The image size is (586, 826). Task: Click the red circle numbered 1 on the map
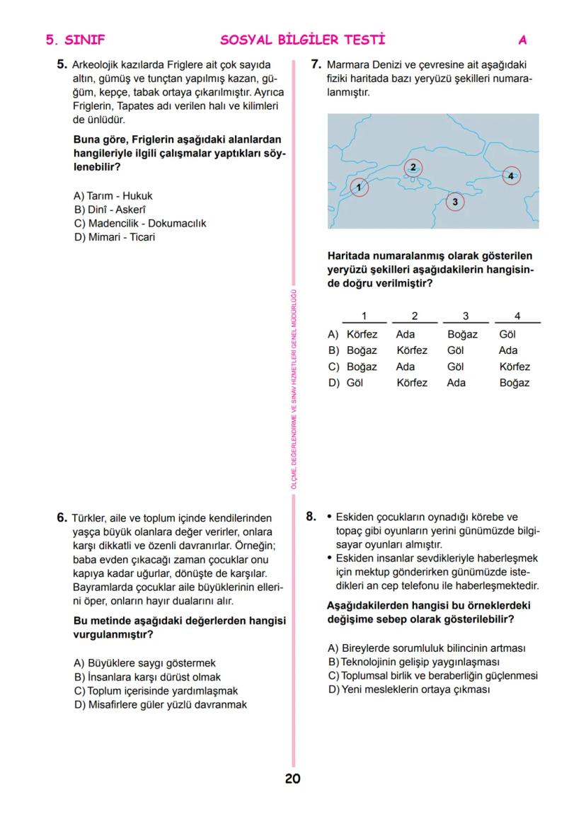click(360, 188)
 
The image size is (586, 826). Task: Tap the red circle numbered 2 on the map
click(413, 168)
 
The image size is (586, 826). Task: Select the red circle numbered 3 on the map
click(455, 202)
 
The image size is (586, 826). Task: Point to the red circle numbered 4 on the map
click(512, 175)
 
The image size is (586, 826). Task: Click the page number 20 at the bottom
click(292, 779)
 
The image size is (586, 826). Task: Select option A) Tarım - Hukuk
click(113, 195)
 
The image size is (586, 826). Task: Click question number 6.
click(62, 517)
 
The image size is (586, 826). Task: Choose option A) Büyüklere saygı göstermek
click(144, 663)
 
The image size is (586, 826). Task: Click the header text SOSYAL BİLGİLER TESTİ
click(303, 40)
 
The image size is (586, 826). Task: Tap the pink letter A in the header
click(522, 40)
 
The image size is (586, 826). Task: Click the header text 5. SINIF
click(75, 40)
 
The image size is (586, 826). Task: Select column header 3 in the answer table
click(465, 316)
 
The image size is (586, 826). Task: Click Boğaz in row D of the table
click(514, 383)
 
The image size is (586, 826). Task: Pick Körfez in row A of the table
click(362, 334)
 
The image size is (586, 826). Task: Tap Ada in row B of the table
click(508, 350)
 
